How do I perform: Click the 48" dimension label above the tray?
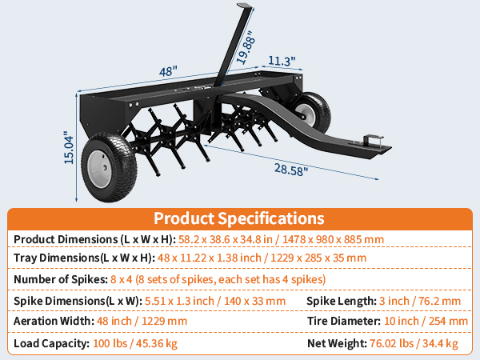click(168, 71)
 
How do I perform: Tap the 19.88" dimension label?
click(246, 47)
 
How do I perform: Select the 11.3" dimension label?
click(282, 61)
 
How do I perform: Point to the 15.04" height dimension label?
click(69, 147)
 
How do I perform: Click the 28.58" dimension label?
click(290, 170)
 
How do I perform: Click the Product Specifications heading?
click(238, 218)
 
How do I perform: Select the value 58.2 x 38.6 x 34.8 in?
click(226, 239)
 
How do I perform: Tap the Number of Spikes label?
click(61, 279)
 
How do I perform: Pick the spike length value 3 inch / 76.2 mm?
click(420, 301)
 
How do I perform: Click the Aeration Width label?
click(54, 321)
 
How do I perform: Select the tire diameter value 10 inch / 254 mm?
click(426, 321)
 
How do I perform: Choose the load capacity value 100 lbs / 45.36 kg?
click(135, 343)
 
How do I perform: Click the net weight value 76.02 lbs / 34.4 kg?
click(414, 343)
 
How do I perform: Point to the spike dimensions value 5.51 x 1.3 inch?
click(179, 301)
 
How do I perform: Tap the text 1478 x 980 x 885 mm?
click(333, 239)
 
